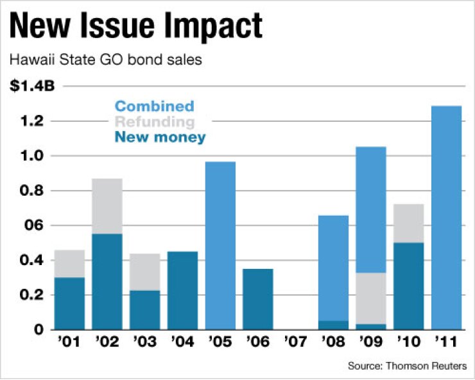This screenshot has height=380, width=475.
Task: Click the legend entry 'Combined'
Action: (x=154, y=106)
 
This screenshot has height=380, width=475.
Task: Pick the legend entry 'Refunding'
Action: (x=154, y=121)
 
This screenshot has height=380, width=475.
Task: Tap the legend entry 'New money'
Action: (x=160, y=137)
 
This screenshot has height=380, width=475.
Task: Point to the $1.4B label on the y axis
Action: (x=28, y=87)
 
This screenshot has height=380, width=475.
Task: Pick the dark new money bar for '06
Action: (x=257, y=299)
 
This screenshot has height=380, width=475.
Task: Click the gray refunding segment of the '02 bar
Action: (x=107, y=206)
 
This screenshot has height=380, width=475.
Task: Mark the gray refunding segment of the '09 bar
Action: (x=370, y=298)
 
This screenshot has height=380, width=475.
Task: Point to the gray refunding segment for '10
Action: (x=408, y=223)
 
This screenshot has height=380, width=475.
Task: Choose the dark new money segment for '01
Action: (x=69, y=304)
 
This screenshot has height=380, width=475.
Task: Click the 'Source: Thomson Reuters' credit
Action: (x=407, y=366)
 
